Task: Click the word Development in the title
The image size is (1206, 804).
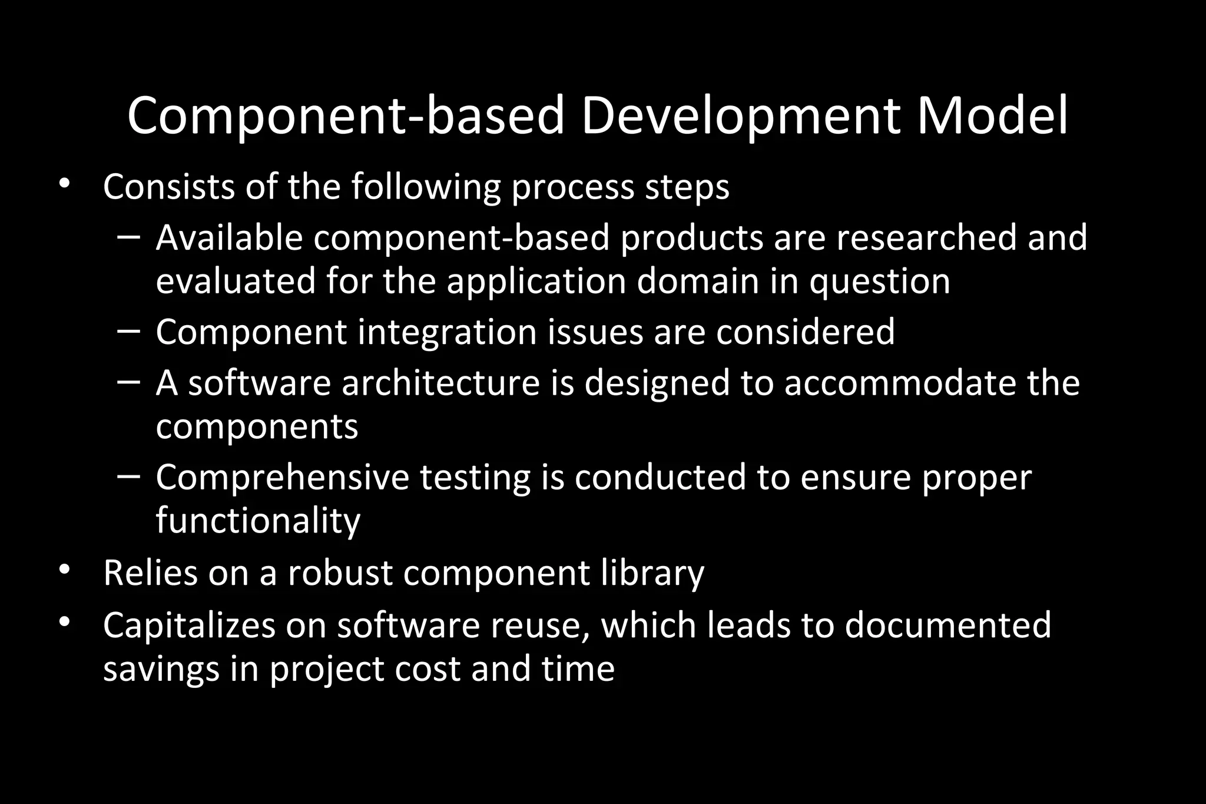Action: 740,116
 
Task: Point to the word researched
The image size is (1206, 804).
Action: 926,237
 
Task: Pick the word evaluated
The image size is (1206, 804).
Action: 236,281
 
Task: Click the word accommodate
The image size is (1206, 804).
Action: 900,383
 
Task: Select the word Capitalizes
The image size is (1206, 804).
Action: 189,626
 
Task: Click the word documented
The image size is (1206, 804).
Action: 947,626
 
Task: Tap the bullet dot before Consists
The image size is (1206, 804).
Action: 65,184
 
